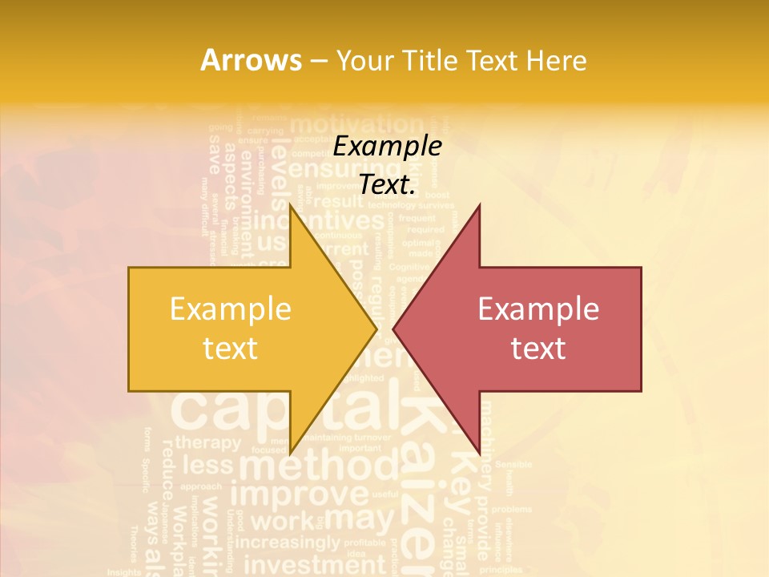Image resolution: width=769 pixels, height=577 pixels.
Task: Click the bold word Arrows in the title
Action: click(x=251, y=60)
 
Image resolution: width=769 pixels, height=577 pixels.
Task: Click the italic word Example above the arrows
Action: click(x=387, y=146)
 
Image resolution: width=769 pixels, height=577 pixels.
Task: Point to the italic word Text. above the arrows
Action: click(x=387, y=184)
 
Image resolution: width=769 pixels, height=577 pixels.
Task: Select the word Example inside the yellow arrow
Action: click(x=230, y=309)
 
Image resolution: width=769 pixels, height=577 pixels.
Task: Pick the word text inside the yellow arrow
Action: click(x=230, y=349)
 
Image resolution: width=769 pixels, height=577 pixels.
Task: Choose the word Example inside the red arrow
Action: click(x=538, y=309)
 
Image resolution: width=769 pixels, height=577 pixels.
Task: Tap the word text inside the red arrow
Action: click(x=538, y=349)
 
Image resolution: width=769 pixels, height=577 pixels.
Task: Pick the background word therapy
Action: click(x=207, y=442)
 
